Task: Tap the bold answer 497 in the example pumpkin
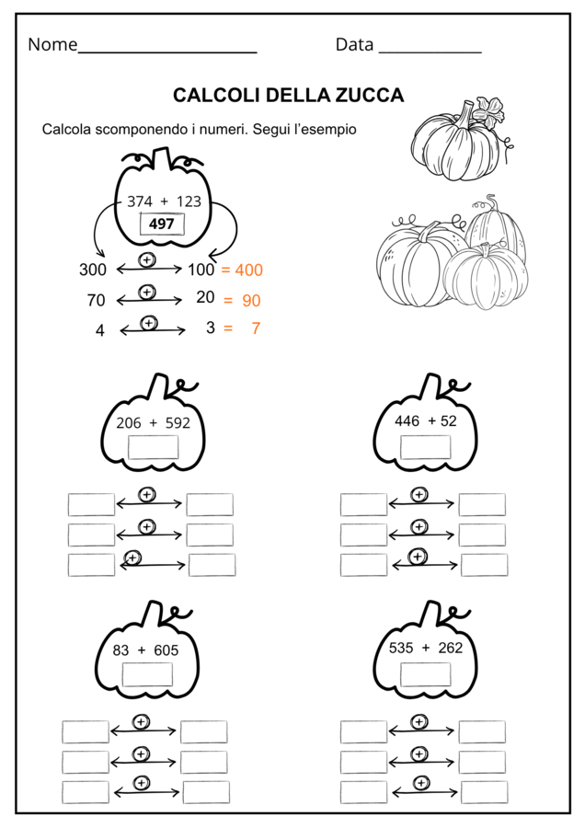click(x=162, y=224)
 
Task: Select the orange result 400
click(x=248, y=270)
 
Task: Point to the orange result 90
click(x=251, y=301)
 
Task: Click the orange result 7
click(x=256, y=328)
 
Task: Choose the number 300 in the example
click(x=93, y=270)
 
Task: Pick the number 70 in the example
click(x=96, y=301)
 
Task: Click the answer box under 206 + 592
click(x=153, y=447)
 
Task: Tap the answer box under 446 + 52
click(x=426, y=447)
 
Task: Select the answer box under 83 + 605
click(x=147, y=674)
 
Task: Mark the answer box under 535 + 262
click(x=426, y=674)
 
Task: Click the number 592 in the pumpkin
click(x=178, y=423)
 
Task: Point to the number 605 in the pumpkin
click(x=166, y=650)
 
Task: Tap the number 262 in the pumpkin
click(x=451, y=648)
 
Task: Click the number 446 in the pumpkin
click(x=407, y=420)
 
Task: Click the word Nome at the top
click(x=52, y=44)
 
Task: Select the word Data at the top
click(x=354, y=44)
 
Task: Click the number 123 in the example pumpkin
click(x=189, y=201)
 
